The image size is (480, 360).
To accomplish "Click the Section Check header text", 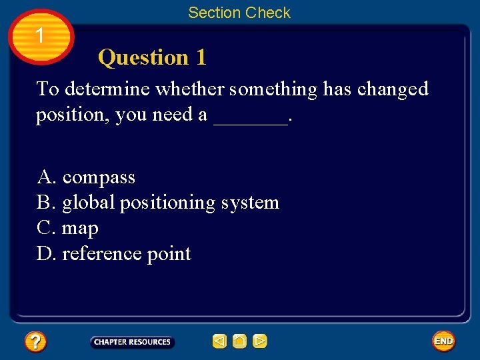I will pyautogui.click(x=239, y=13).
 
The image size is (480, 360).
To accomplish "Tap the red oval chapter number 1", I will pyautogui.click(x=40, y=36).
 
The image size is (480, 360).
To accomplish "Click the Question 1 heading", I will pyautogui.click(x=152, y=58).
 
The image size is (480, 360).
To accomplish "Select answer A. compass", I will pyautogui.click(x=86, y=177).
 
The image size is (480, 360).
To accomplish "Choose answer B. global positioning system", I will pyautogui.click(x=158, y=203).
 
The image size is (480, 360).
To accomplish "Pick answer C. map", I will pyautogui.click(x=67, y=228).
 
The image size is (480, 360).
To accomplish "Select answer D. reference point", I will pyautogui.click(x=114, y=254).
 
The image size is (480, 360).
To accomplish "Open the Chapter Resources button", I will pyautogui.click(x=132, y=342).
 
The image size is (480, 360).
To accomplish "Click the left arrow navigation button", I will pyautogui.click(x=219, y=342).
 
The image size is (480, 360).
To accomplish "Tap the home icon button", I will pyautogui.click(x=239, y=342).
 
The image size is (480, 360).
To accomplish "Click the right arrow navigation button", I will pyautogui.click(x=260, y=342).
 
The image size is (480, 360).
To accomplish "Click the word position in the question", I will pyautogui.click(x=73, y=115).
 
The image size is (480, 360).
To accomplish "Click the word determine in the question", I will pyautogui.click(x=105, y=89).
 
